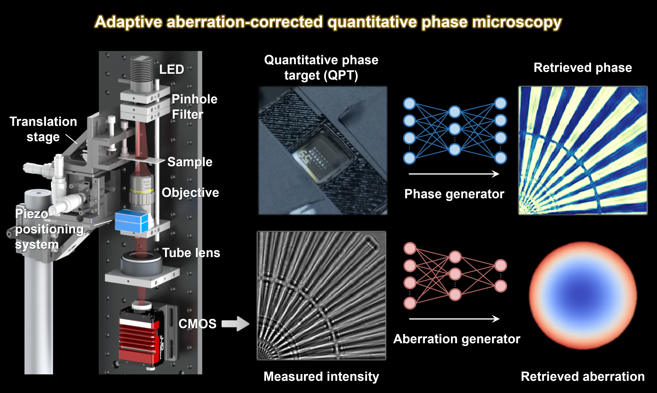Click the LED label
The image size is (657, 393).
point(171,69)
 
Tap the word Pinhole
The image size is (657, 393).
point(194,99)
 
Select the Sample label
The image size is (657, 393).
point(190,162)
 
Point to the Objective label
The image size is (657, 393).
point(190,192)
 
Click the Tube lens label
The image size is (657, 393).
point(191,253)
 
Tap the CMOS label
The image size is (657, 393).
point(197,324)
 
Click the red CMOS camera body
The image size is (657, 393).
point(138,339)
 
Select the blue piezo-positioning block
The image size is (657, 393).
point(131,222)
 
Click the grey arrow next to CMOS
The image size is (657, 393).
point(235,324)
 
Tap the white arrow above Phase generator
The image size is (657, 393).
point(453,174)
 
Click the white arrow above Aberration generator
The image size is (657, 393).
point(453,319)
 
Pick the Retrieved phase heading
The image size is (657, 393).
point(583,68)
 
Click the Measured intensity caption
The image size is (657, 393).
point(321,377)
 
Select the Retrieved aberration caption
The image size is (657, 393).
point(583,377)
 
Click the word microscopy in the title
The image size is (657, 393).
point(517,22)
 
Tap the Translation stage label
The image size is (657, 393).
point(43,129)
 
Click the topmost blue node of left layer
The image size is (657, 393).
point(409,104)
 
